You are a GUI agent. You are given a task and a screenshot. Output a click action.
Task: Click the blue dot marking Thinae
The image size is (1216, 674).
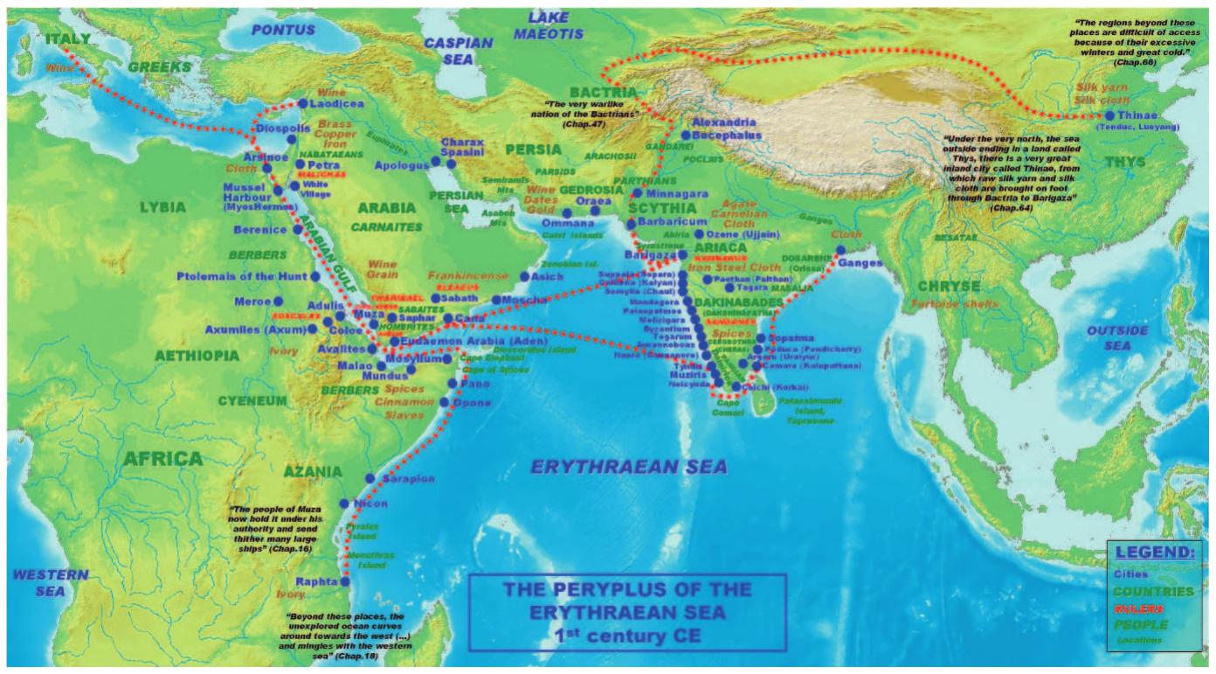(1109, 115)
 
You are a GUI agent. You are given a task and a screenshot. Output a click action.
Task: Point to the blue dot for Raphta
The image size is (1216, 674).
(345, 581)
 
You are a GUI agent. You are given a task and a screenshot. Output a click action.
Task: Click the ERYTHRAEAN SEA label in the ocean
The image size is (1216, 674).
(627, 469)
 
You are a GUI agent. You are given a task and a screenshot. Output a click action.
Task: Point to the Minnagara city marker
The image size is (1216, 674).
(637, 193)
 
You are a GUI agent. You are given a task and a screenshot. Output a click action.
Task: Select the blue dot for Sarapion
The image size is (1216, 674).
(370, 479)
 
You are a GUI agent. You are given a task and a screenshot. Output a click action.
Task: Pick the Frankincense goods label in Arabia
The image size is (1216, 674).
(469, 274)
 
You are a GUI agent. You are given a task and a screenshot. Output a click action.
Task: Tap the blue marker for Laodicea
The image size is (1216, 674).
(302, 103)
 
